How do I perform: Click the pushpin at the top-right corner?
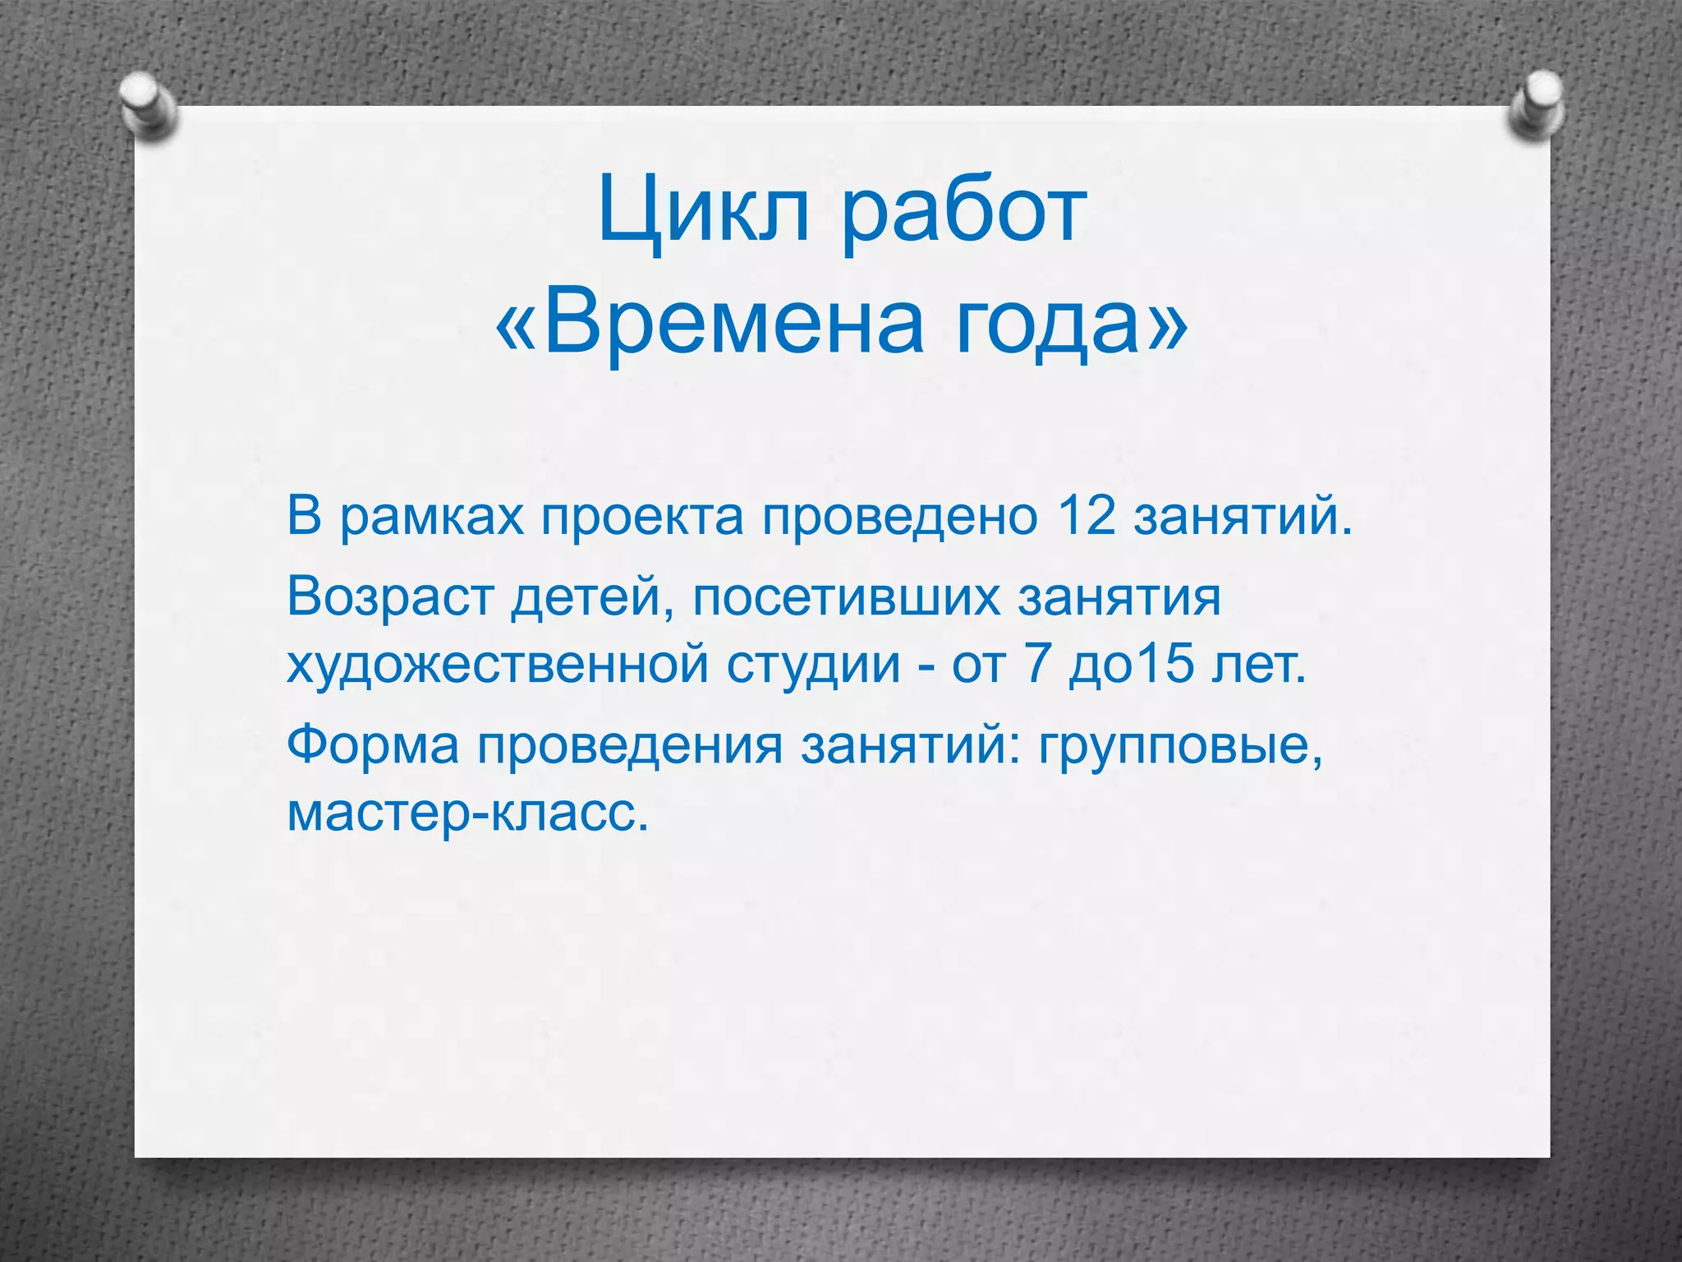pyautogui.click(x=1535, y=108)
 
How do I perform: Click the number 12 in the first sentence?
pyautogui.click(x=1087, y=518)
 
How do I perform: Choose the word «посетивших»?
pyautogui.click(x=846, y=597)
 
